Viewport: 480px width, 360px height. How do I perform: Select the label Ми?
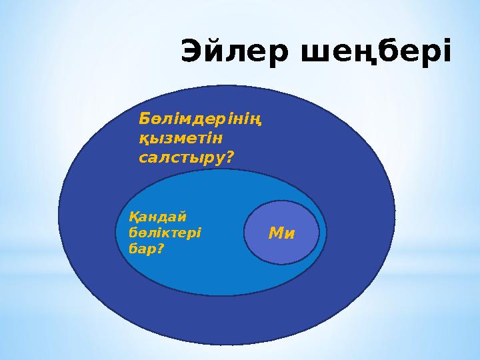pyautogui.click(x=281, y=233)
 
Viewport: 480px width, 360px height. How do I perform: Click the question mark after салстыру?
pyautogui.click(x=231, y=158)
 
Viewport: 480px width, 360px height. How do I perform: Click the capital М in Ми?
pyautogui.click(x=275, y=233)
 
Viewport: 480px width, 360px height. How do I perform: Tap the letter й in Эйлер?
pyautogui.click(x=215, y=52)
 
